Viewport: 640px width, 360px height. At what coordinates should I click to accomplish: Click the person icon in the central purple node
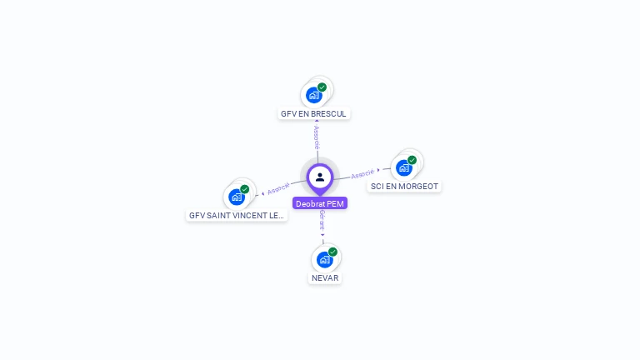pyautogui.click(x=320, y=177)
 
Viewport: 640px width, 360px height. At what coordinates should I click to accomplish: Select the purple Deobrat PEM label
pyautogui.click(x=320, y=203)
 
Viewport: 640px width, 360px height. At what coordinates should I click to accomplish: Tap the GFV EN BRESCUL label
pyautogui.click(x=313, y=113)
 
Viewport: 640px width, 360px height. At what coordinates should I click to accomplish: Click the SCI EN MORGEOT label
pyautogui.click(x=404, y=187)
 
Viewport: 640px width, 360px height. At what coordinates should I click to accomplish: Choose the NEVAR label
pyautogui.click(x=325, y=277)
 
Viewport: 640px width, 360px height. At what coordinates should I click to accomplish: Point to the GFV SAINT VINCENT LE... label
pyautogui.click(x=237, y=215)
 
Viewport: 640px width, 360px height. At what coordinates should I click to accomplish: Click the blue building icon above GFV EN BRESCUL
pyautogui.click(x=313, y=95)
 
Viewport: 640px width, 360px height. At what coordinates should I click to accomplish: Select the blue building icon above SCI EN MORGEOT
pyautogui.click(x=404, y=168)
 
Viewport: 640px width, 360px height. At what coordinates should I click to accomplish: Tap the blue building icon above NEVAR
pyautogui.click(x=324, y=259)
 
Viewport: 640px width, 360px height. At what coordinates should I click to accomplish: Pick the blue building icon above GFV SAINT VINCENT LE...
pyautogui.click(x=236, y=197)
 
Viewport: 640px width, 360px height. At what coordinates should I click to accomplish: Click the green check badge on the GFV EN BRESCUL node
pyautogui.click(x=322, y=87)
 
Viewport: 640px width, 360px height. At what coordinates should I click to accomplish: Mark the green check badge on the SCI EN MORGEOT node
pyautogui.click(x=412, y=160)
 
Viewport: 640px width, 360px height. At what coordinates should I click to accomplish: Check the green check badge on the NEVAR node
pyautogui.click(x=332, y=252)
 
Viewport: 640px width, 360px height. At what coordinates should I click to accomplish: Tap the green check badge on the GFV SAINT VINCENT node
pyautogui.click(x=244, y=189)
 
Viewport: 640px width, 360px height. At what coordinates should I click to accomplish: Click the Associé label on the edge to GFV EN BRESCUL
pyautogui.click(x=317, y=138)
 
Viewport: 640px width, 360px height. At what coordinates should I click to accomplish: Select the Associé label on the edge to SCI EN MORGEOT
pyautogui.click(x=362, y=174)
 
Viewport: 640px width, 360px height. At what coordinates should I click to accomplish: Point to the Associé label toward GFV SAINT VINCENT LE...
pyautogui.click(x=278, y=188)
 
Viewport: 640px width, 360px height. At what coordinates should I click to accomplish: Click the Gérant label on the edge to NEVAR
pyautogui.click(x=322, y=220)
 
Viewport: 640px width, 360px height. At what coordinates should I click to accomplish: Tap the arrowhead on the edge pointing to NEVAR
pyautogui.click(x=322, y=235)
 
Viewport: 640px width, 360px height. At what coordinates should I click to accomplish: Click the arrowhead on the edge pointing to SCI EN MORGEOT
pyautogui.click(x=379, y=171)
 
